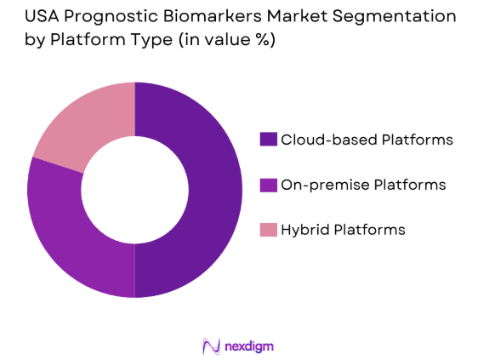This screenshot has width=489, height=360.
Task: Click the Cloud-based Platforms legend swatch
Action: [268, 139]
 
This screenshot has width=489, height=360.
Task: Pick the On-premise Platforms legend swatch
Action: [268, 184]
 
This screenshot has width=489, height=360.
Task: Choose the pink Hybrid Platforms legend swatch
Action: [268, 229]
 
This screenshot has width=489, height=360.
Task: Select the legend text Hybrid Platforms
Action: [344, 229]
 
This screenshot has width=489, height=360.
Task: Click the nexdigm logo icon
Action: [211, 346]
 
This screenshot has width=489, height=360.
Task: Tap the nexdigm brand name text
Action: [249, 346]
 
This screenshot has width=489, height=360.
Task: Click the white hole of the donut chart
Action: [134, 189]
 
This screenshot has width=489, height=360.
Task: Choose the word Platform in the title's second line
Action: [94, 40]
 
